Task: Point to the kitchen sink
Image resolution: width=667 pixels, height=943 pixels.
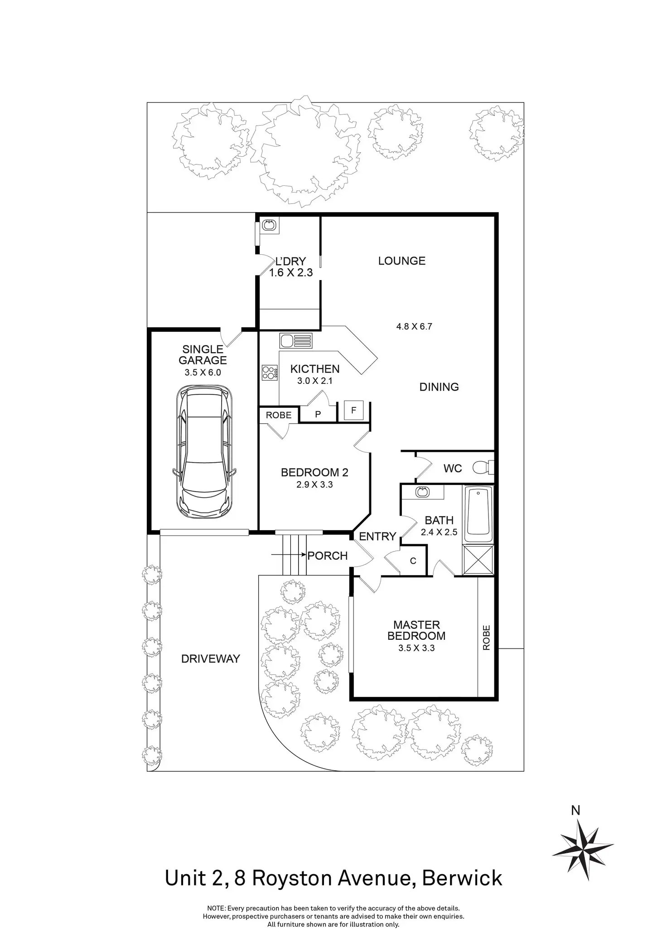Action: [x=296, y=341]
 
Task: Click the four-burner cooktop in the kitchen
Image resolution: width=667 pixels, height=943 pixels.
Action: [x=270, y=372]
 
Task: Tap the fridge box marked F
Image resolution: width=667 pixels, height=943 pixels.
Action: [x=353, y=411]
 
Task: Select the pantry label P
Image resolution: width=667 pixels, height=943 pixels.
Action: [x=318, y=414]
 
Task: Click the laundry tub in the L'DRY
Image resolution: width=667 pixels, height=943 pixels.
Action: [x=270, y=225]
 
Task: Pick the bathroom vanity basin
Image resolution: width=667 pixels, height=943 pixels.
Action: [x=422, y=492]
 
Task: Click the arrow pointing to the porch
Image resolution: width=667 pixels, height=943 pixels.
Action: [x=288, y=554]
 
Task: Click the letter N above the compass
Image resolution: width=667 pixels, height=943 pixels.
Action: [x=575, y=810]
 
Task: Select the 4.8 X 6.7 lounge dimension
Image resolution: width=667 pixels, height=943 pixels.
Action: [x=414, y=326]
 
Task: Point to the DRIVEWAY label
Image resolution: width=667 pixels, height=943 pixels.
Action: [x=210, y=659]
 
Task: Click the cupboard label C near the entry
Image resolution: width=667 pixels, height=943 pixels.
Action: [x=413, y=561]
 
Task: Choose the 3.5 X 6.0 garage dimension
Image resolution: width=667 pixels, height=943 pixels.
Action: [x=203, y=373]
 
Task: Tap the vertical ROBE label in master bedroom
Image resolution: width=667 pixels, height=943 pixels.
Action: [x=486, y=638]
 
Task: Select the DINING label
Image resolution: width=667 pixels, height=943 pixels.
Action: [x=439, y=387]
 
